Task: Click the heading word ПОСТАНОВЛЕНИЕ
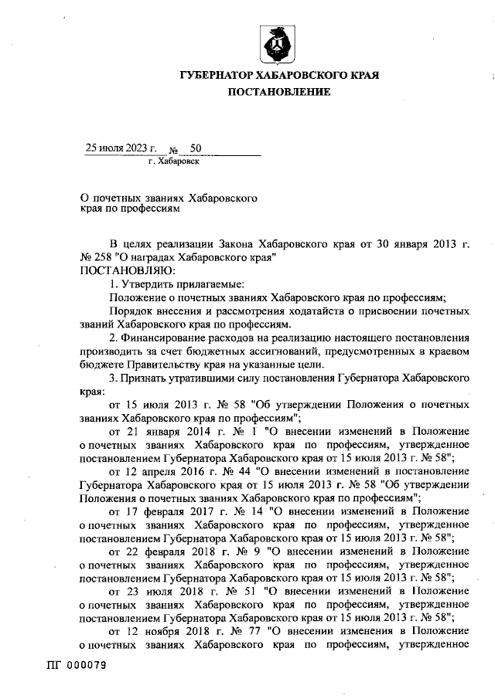pos(278,92)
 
